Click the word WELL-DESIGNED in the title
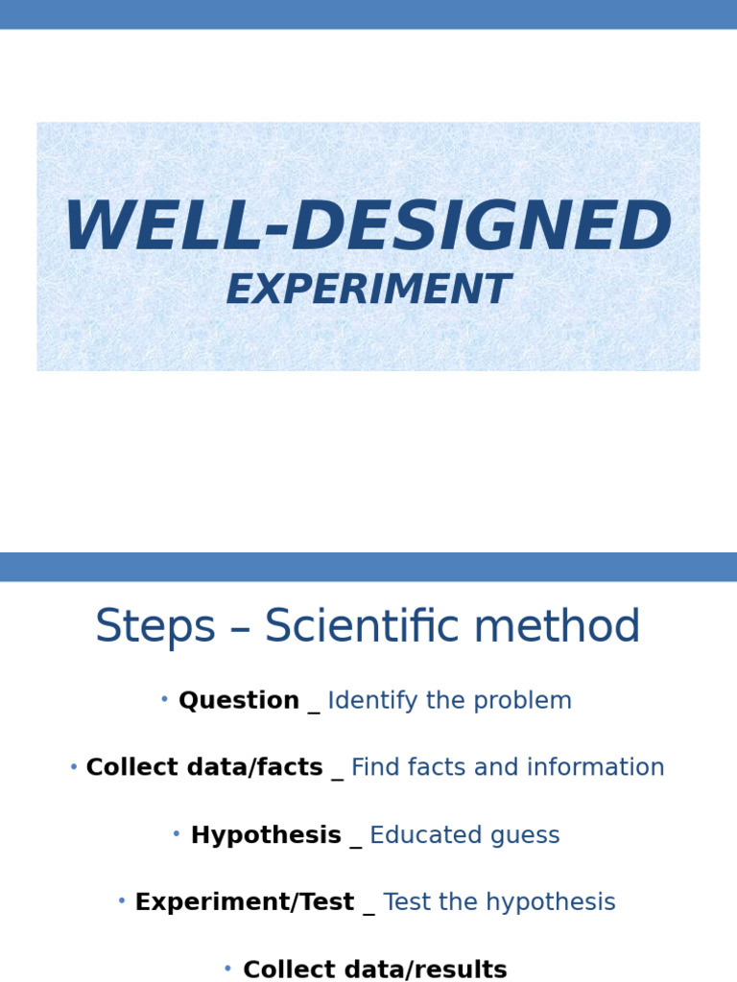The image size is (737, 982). tap(368, 228)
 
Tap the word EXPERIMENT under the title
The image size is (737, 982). tap(368, 291)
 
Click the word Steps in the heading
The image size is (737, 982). tap(155, 628)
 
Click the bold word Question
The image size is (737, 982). tap(239, 701)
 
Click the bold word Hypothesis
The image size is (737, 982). tap(266, 835)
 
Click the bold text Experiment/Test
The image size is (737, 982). tap(245, 902)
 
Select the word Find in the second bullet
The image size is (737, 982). tap(371, 768)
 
